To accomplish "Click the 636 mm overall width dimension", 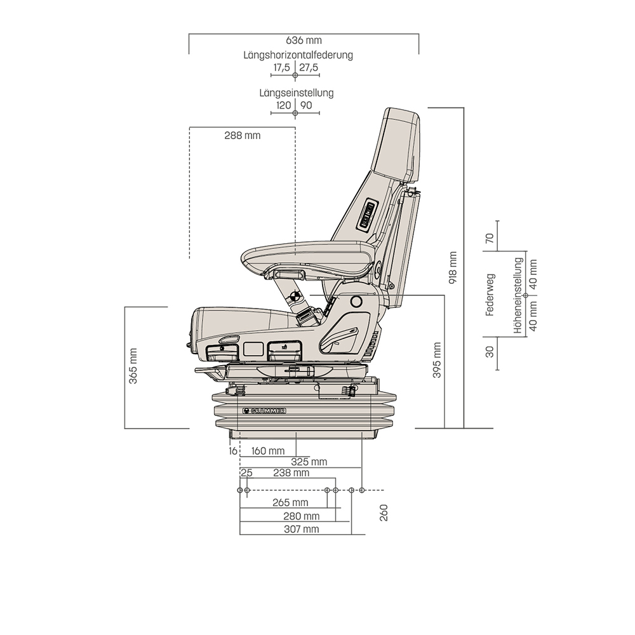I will [304, 41].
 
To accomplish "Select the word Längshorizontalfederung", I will [298, 55].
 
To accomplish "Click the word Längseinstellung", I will [296, 93].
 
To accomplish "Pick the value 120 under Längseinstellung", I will [283, 105].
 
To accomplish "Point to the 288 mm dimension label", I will [242, 135].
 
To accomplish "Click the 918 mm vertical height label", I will [453, 267].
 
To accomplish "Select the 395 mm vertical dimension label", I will [437, 360].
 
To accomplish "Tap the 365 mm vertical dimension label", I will [133, 366].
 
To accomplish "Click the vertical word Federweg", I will [489, 295].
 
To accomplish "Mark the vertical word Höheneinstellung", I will [519, 295].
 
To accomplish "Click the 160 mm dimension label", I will [267, 451].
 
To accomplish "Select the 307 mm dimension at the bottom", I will [302, 529].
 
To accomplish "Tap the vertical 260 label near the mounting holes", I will [384, 513].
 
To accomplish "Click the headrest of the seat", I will [395, 143].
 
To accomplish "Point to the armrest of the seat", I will [305, 255].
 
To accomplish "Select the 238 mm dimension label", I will [291, 473].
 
